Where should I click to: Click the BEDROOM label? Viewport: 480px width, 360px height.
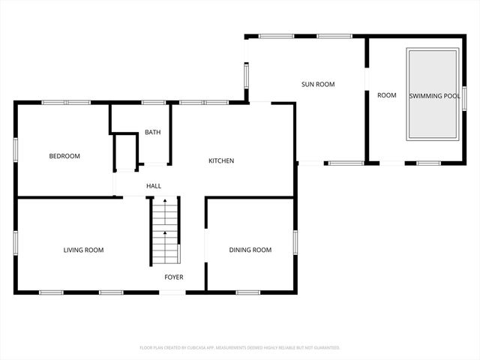pyautogui.click(x=64, y=156)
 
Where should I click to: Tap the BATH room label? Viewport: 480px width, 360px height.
pyautogui.click(x=152, y=133)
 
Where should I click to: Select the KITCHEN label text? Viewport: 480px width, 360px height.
pyautogui.click(x=221, y=160)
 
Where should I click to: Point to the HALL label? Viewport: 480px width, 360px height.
pyautogui.click(x=153, y=186)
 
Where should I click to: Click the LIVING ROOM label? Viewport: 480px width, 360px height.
pyautogui.click(x=83, y=250)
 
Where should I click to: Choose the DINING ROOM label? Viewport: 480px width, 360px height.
pyautogui.click(x=250, y=250)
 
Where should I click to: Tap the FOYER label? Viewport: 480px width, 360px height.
pyautogui.click(x=174, y=277)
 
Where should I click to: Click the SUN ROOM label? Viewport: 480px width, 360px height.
pyautogui.click(x=317, y=85)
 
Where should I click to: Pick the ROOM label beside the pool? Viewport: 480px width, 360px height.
pyautogui.click(x=387, y=95)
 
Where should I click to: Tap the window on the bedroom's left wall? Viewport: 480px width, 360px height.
pyautogui.click(x=16, y=149)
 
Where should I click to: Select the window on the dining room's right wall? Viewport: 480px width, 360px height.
pyautogui.click(x=295, y=241)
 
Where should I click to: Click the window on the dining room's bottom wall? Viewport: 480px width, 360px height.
pyautogui.click(x=247, y=292)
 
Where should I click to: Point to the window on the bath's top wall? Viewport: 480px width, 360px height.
pyautogui.click(x=153, y=103)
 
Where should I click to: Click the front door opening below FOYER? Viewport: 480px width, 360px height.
pyautogui.click(x=173, y=292)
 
